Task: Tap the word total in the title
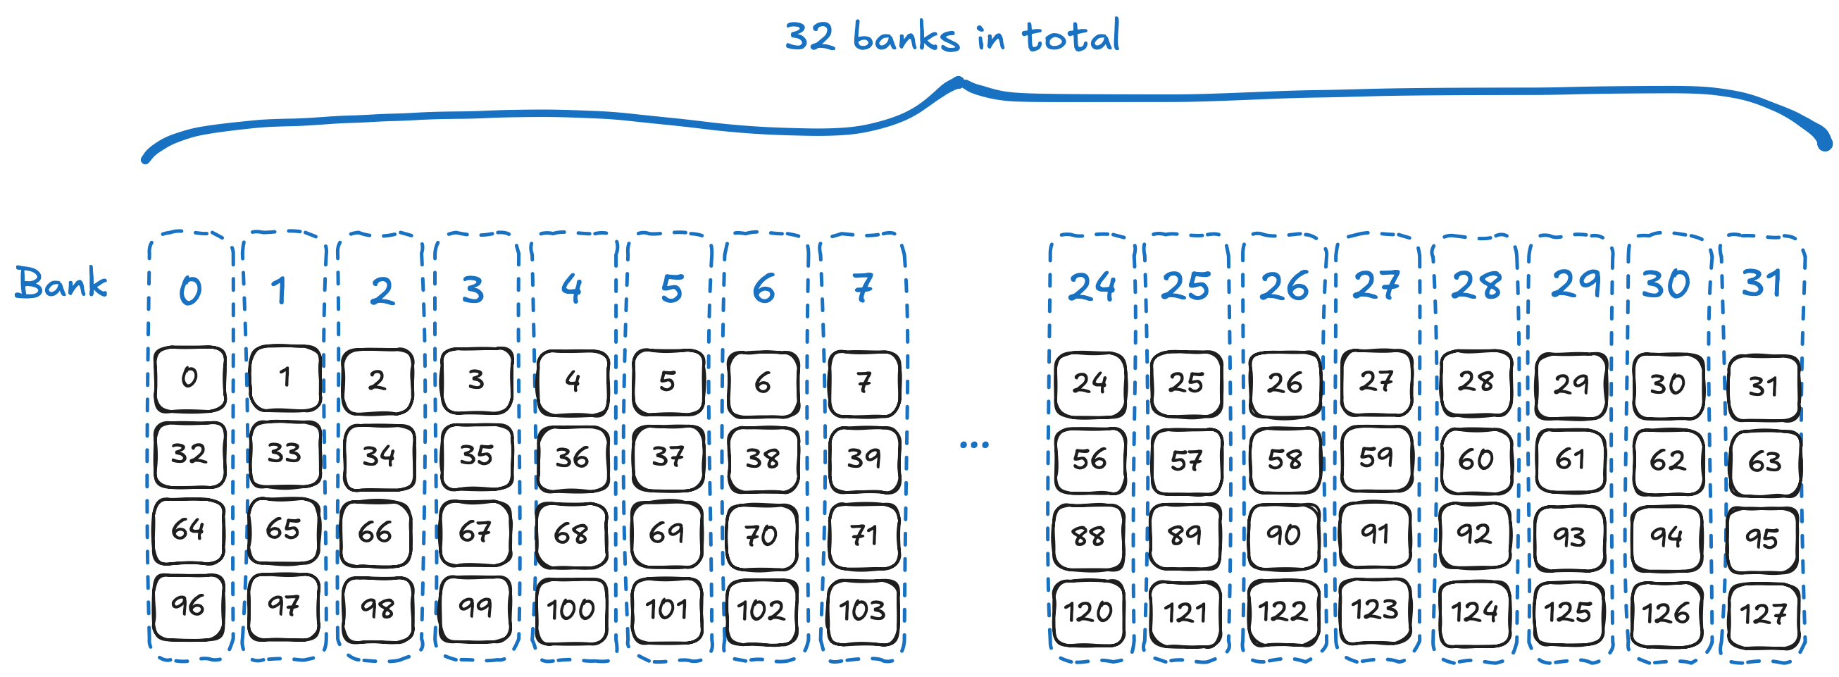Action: tap(1071, 37)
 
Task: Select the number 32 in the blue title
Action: tap(809, 37)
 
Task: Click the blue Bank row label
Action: tap(61, 284)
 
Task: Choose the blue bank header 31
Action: tap(1762, 283)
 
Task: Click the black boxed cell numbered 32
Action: tap(189, 454)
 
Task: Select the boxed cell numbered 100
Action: tap(571, 610)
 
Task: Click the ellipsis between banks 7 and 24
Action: tap(974, 445)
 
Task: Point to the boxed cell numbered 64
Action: tap(189, 530)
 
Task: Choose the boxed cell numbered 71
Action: tap(864, 535)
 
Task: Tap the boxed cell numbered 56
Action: tap(1090, 460)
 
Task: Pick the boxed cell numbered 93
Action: tap(1570, 537)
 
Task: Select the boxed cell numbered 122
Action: tap(1283, 612)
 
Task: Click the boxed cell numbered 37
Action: tap(668, 457)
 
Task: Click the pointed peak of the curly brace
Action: tap(960, 81)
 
